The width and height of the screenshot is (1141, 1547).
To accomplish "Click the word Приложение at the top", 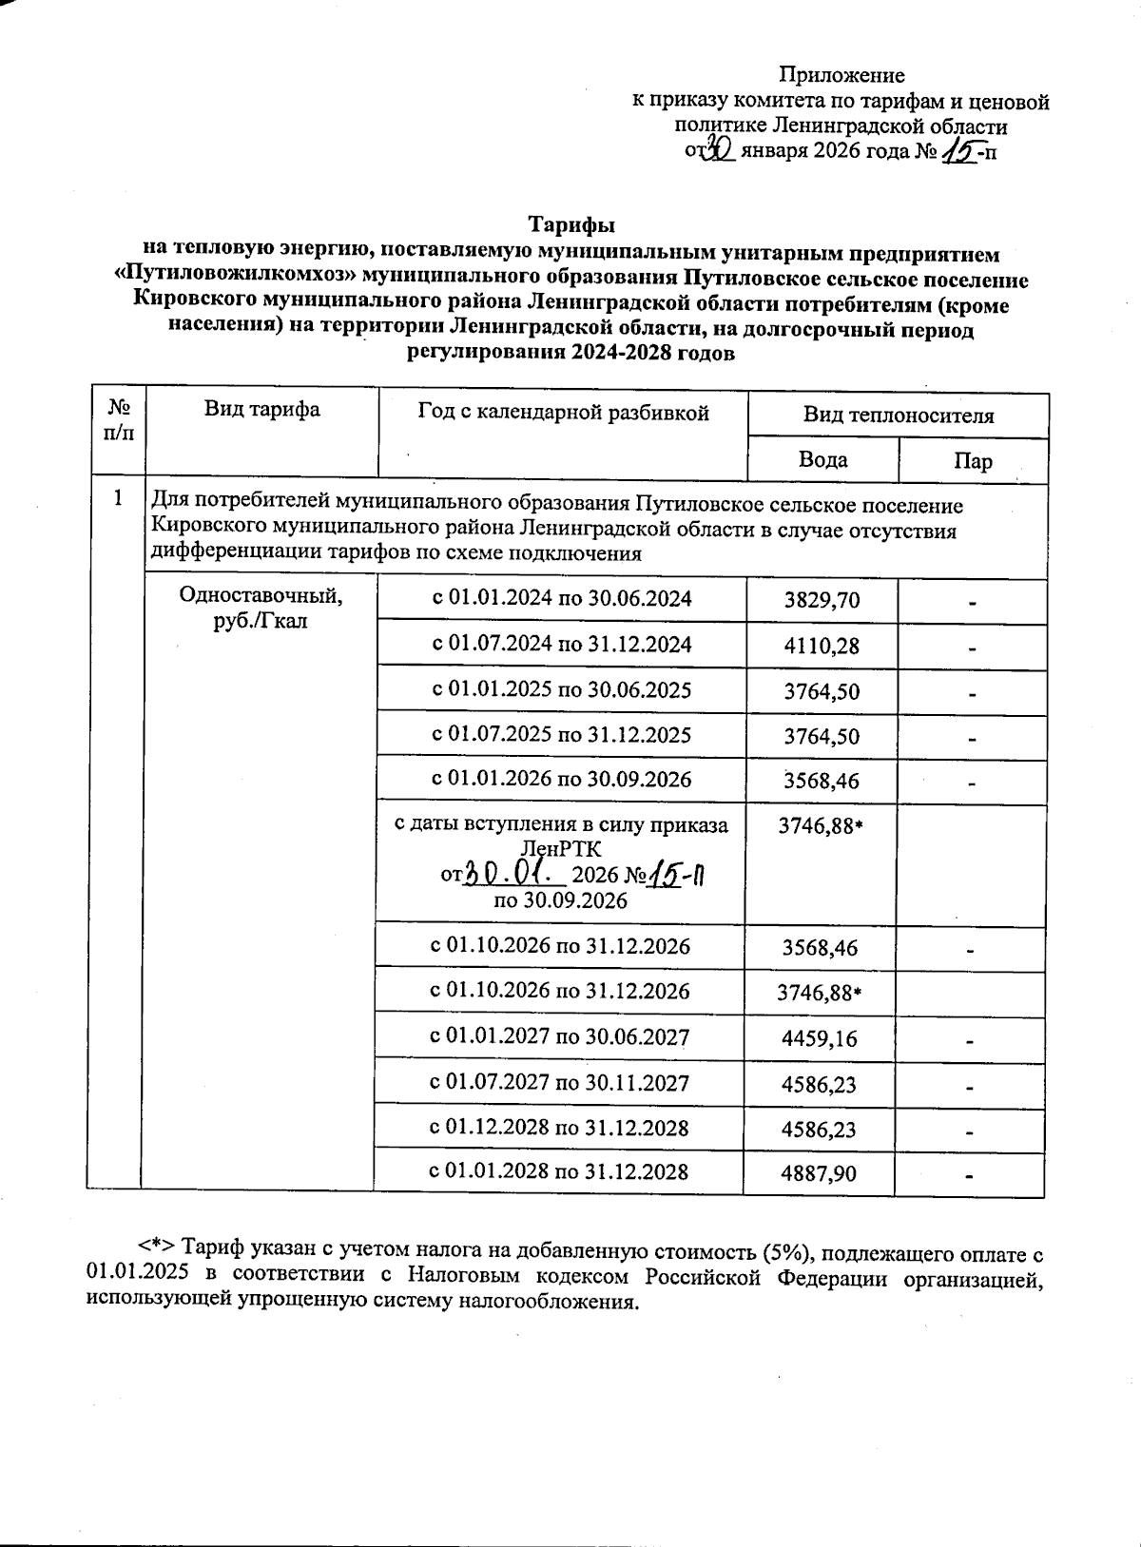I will (x=841, y=75).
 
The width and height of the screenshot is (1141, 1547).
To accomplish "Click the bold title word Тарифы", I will (x=571, y=225).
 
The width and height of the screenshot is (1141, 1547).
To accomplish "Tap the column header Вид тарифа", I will (x=261, y=410).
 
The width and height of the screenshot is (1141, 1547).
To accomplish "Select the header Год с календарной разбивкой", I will (x=563, y=412).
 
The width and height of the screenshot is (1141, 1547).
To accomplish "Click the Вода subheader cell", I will (x=822, y=460).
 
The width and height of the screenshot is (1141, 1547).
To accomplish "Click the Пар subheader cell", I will (x=973, y=462).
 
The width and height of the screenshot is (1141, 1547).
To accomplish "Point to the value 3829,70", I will (x=822, y=601).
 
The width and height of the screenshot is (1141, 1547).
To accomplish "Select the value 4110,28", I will (x=822, y=647).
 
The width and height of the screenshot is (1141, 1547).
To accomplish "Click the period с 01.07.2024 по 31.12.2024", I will (x=562, y=645).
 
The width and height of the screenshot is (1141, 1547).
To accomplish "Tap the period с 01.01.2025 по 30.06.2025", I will (x=562, y=690).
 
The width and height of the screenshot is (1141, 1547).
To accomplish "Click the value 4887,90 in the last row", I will (x=819, y=1173).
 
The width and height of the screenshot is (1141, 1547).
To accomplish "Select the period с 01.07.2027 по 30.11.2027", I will (x=560, y=1083).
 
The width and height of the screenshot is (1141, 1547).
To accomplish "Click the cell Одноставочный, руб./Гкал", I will (x=261, y=609).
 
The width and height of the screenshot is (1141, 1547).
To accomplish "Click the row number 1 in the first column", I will (x=118, y=497).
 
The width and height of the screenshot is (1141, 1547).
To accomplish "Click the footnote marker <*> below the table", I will (x=156, y=1247).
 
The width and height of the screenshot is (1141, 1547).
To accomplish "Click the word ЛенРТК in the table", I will (x=561, y=848).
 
